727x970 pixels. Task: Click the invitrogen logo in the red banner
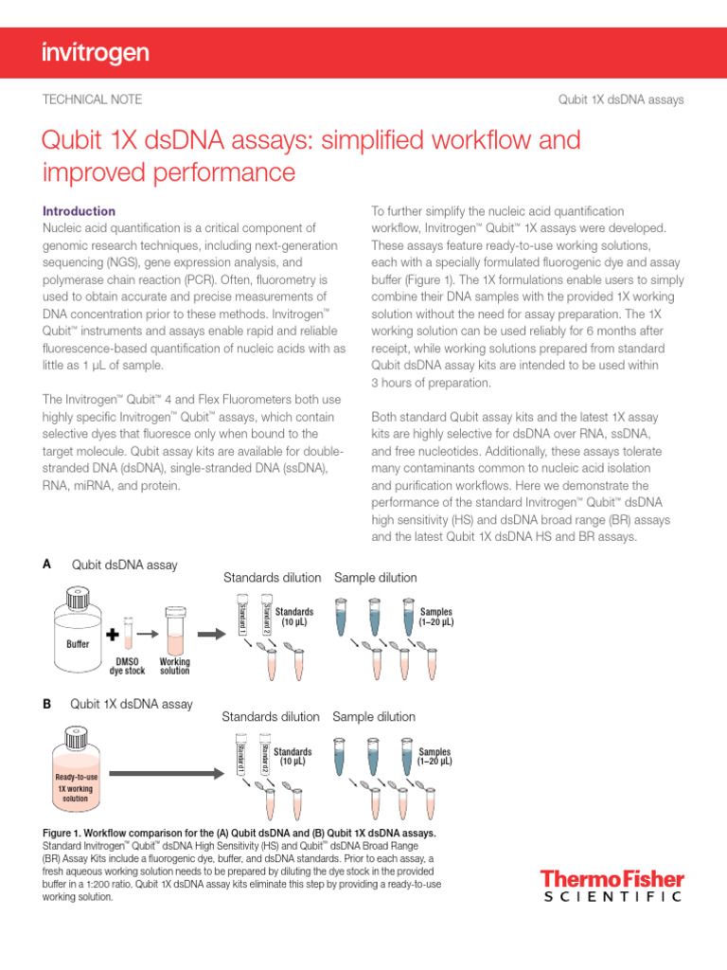pos(96,54)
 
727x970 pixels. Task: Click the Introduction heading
pos(80,211)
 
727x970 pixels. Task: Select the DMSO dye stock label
pos(127,666)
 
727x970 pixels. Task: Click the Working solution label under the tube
pos(175,666)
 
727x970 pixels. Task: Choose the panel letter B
pos(47,704)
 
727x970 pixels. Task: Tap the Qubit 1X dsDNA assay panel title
pos(132,704)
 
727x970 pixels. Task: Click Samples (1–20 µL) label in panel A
pos(435,618)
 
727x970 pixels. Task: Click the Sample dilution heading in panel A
pos(375,578)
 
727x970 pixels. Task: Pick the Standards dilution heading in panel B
pos(270,717)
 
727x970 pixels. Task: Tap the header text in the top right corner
pos(622,99)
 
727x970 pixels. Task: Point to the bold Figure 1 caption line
pos(239,833)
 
